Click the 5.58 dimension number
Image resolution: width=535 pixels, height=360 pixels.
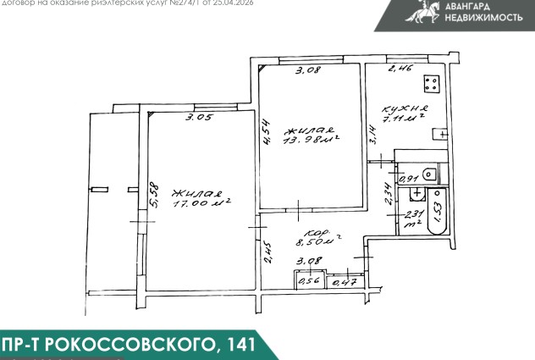153,197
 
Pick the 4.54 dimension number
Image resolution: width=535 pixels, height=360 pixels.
265,134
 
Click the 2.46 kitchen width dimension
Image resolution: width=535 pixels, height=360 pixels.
400,69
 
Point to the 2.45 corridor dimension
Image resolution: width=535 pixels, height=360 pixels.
267,252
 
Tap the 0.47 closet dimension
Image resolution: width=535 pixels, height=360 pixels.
345,282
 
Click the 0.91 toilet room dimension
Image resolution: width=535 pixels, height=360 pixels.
408,180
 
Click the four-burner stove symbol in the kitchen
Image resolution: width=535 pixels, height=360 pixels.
431,84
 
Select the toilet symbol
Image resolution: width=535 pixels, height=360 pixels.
430,174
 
